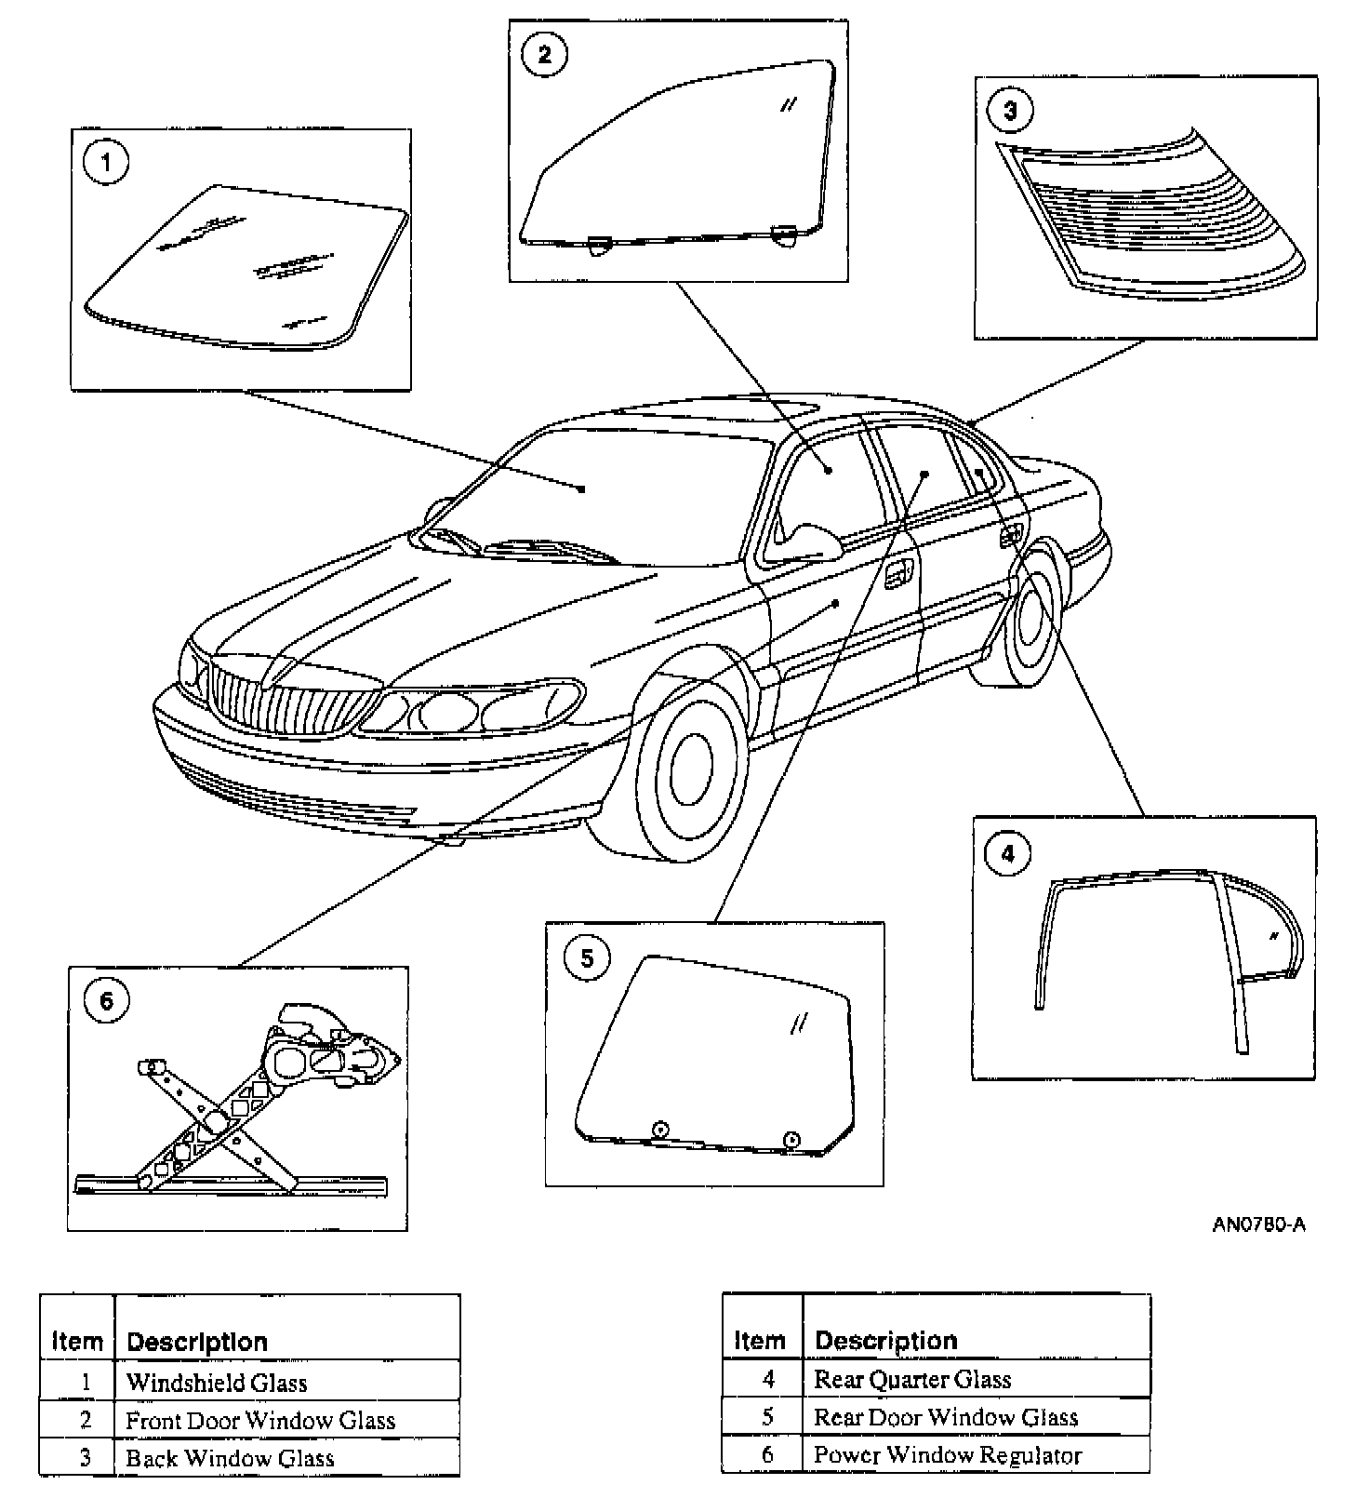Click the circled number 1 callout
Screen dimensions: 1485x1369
pos(106,163)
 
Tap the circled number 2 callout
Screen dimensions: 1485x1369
pos(544,54)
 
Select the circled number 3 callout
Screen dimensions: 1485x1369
pos(1010,112)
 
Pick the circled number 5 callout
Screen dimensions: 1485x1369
pos(587,958)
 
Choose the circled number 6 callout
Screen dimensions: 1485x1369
pos(106,1001)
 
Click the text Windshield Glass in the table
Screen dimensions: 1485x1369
pos(217,1383)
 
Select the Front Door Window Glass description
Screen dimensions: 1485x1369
pos(260,1421)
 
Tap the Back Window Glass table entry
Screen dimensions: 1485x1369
pos(230,1458)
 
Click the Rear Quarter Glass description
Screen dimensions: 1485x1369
pos(912,1379)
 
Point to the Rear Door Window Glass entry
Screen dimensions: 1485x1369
pos(946,1417)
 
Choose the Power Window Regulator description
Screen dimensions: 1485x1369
pos(948,1455)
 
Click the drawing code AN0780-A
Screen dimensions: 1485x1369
pos(1258,1224)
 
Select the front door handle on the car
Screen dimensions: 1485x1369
pos(897,576)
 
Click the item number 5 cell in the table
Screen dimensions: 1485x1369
pos(767,1417)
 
